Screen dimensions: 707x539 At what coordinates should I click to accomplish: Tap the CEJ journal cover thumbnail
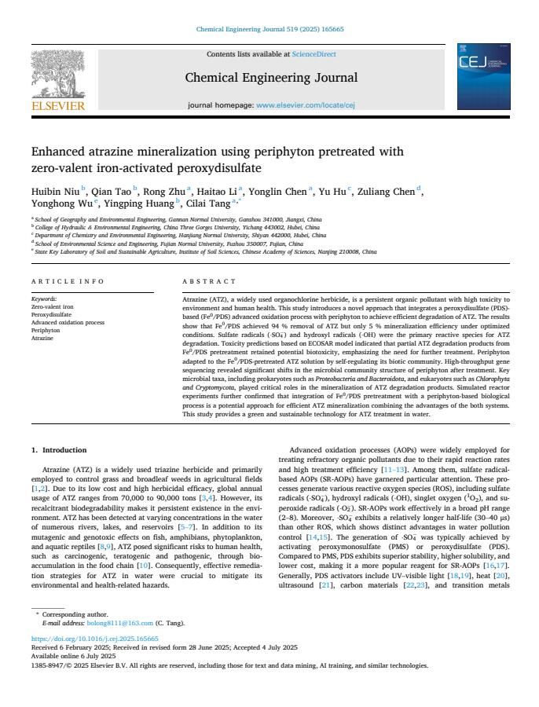click(483, 77)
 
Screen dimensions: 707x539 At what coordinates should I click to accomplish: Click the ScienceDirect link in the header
click(313, 54)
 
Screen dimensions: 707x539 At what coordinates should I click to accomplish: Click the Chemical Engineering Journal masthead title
click(271, 78)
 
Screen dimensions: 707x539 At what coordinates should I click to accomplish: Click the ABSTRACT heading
click(209, 281)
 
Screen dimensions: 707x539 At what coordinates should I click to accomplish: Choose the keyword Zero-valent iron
click(53, 306)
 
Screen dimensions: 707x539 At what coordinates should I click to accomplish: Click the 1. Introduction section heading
click(59, 450)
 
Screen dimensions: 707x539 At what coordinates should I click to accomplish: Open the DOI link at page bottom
click(94, 639)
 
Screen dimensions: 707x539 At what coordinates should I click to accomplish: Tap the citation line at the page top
click(269, 30)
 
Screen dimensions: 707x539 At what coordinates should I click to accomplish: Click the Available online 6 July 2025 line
click(73, 656)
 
